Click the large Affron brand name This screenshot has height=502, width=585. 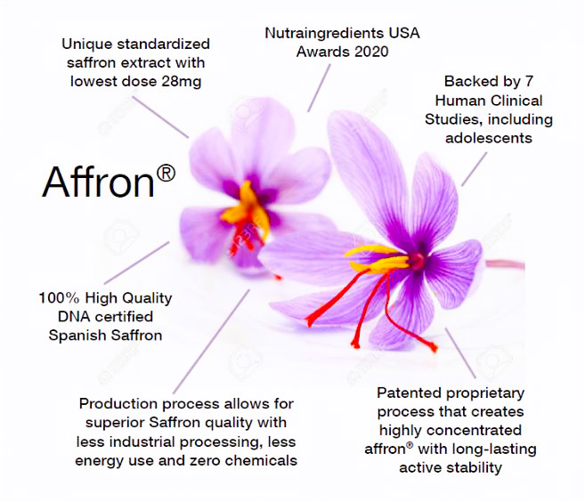point(97,182)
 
